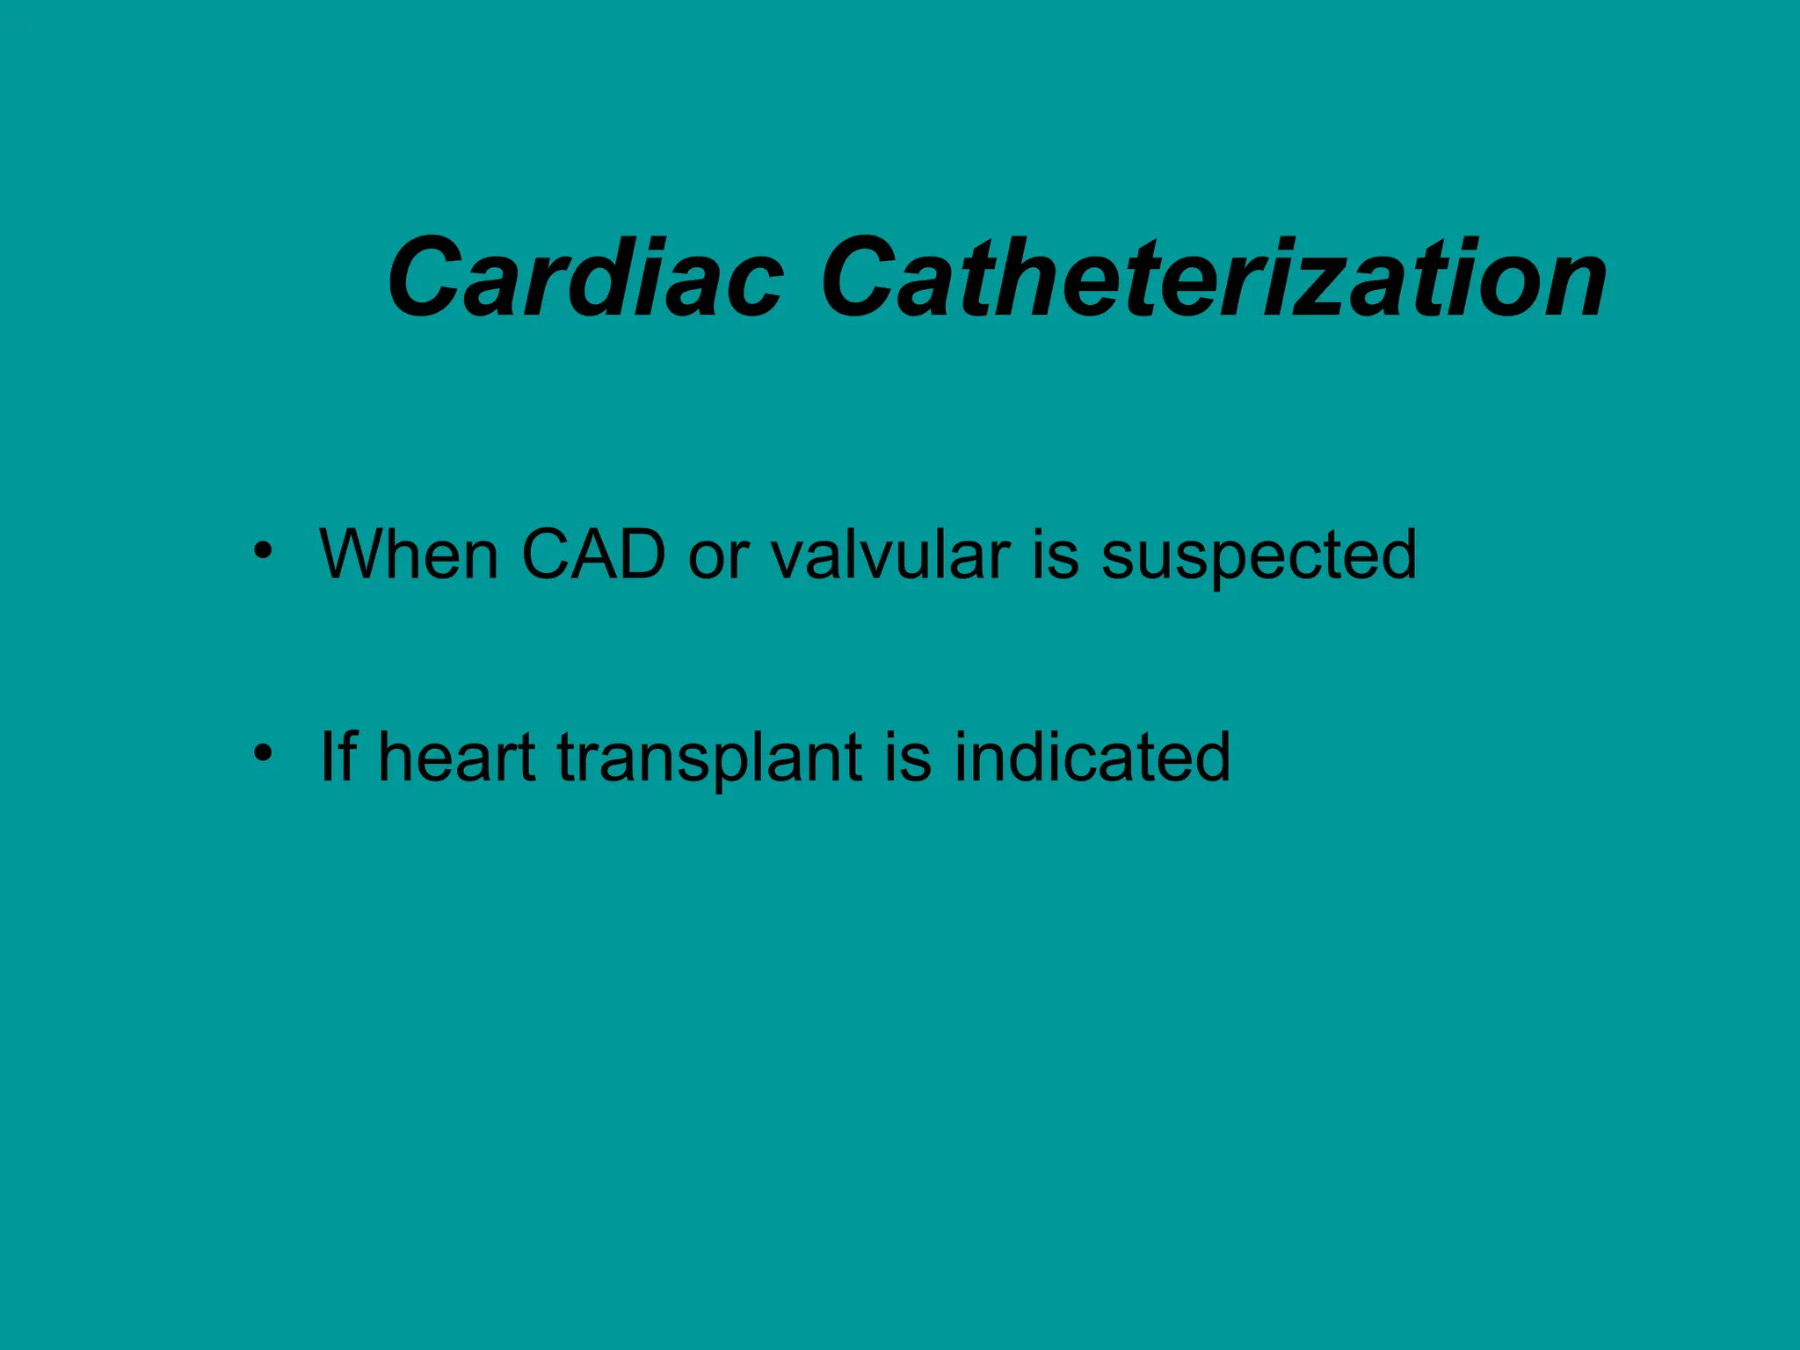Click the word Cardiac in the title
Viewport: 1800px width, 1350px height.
coord(584,279)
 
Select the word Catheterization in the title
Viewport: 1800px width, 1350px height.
coord(1213,279)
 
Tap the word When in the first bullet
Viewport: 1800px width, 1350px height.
coord(410,555)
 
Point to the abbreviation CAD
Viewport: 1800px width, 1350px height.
coord(593,555)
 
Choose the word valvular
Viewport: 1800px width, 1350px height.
coord(890,555)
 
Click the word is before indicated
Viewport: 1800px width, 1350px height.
coord(908,757)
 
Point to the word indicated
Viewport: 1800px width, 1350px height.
coord(1092,757)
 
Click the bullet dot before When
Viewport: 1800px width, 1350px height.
coord(262,552)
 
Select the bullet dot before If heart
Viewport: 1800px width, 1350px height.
coord(262,753)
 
